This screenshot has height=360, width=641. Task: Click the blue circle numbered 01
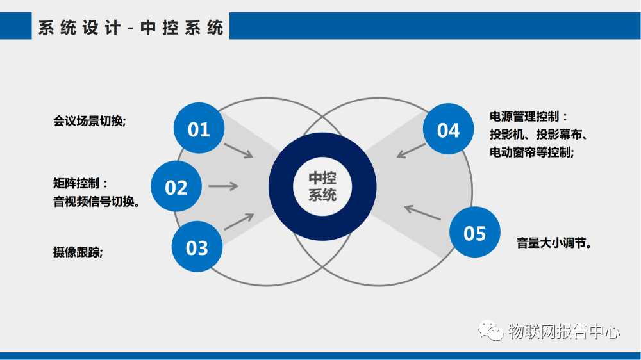coord(199,129)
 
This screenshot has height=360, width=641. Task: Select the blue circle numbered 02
coord(176,187)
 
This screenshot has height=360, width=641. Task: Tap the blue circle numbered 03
coord(197,247)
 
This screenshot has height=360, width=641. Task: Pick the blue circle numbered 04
coord(448,129)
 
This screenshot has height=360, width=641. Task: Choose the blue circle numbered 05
coord(474,233)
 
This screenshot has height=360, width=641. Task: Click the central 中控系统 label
coord(322,186)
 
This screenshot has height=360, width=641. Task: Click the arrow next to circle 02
coord(223,186)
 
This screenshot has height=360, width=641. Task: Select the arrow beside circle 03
coord(238,221)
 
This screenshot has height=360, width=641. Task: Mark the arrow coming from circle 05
coord(422,213)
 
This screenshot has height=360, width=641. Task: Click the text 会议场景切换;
coord(89,120)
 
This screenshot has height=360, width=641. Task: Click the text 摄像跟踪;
coord(78,252)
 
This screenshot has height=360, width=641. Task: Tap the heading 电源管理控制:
coord(528,117)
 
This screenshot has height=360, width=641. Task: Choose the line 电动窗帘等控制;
coord(531,152)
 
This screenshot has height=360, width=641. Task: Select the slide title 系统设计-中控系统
coord(131,28)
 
